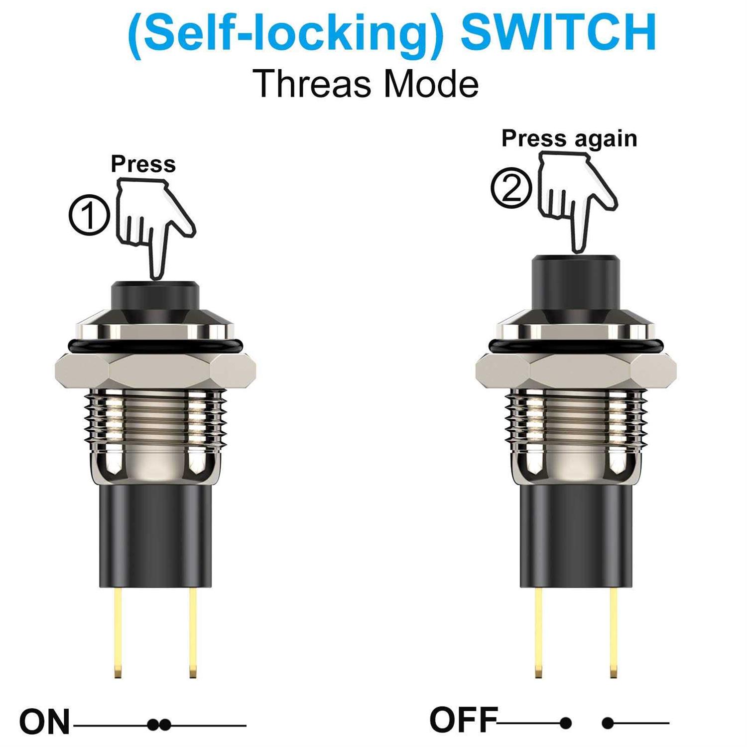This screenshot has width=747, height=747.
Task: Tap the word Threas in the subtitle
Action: coord(312,84)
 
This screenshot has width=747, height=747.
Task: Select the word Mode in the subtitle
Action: coord(431,84)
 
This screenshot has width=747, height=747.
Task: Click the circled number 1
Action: coord(89,216)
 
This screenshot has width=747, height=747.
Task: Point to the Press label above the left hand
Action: coord(143,163)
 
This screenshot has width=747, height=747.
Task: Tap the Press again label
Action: coord(569,138)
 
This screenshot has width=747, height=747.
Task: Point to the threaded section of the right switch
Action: coord(576,418)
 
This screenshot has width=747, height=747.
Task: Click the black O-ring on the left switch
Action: coord(155,345)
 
